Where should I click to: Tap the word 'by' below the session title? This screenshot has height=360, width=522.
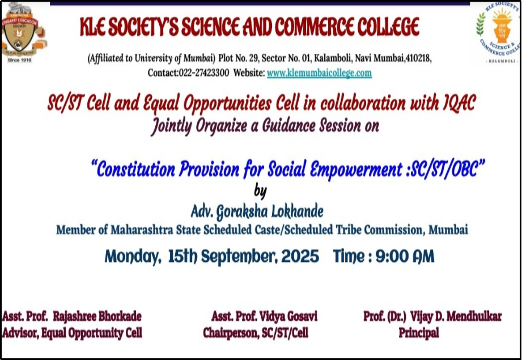[x=260, y=191]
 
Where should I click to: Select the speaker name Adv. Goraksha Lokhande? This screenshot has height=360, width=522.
[x=257, y=212]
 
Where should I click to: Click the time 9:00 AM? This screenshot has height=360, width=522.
[x=405, y=256]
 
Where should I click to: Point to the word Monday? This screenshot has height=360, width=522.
[x=131, y=256]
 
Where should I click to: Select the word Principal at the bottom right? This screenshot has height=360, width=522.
[x=418, y=333]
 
